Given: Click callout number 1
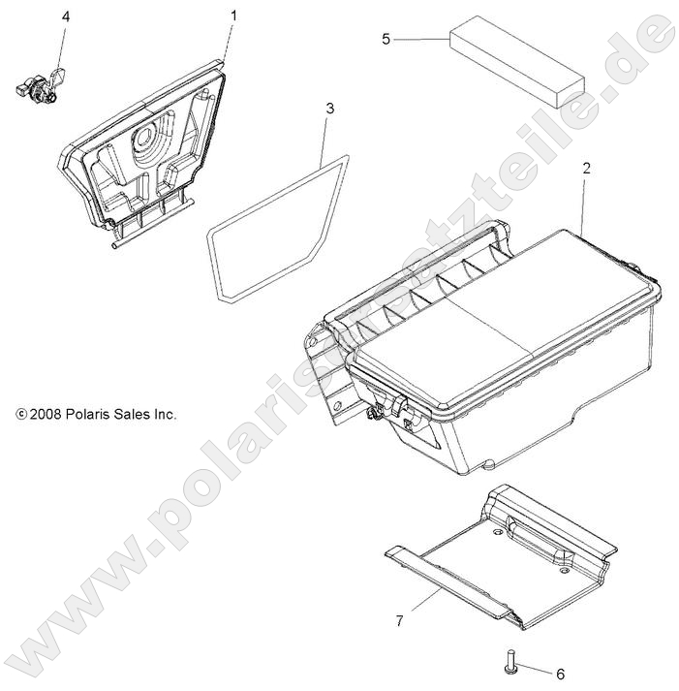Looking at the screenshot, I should pos(232,16).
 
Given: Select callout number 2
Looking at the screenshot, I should pos(585,168).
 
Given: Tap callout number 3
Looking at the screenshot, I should pos(329,109).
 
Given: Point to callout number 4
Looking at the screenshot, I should pos(66,17).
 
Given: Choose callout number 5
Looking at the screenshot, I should pos(386,39).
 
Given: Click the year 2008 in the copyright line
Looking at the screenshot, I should pos(46,414).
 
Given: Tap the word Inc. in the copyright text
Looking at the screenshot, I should pos(165,414).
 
